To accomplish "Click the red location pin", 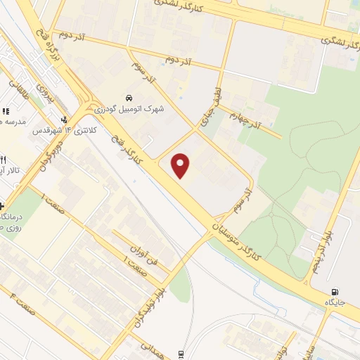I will click(x=181, y=165).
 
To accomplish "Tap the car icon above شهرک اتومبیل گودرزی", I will click(x=129, y=97).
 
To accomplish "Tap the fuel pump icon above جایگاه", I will click(x=334, y=292).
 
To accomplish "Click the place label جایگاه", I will click(x=335, y=302).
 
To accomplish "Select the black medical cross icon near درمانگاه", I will click(x=2, y=206).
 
